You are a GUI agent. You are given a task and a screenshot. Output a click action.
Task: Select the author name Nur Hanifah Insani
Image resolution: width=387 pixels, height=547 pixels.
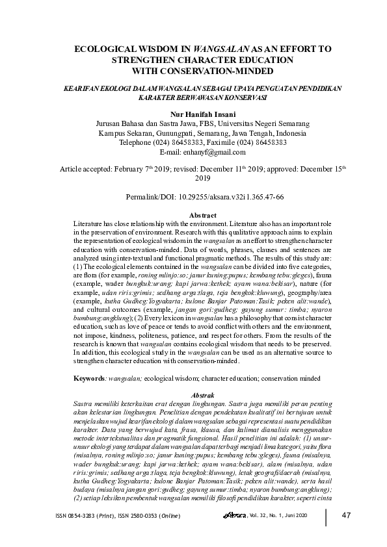pos(193,112)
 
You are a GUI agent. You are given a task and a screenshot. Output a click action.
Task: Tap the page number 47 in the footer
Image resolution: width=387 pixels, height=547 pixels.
pos(346,516)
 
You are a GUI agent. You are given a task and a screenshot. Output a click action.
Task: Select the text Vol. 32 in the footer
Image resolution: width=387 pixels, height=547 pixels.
pos(258,516)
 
